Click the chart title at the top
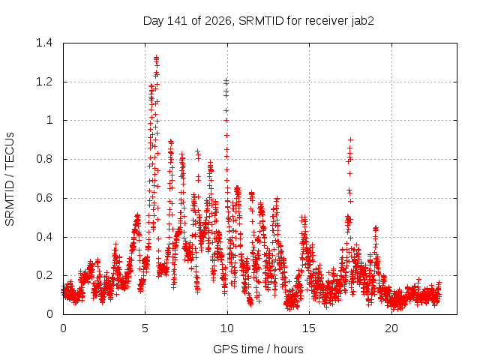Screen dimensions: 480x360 [259, 21]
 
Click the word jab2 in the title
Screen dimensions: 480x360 [363, 21]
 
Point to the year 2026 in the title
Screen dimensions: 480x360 [218, 21]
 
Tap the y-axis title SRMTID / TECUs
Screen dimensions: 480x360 [10, 179]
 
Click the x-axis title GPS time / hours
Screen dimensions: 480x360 [258, 349]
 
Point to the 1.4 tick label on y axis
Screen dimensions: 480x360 [44, 43]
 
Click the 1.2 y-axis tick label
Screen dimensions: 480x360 [44, 82]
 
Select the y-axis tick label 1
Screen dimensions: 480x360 [49, 120]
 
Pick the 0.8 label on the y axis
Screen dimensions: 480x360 [44, 159]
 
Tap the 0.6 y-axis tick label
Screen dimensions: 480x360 [44, 198]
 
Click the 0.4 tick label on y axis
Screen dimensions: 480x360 [44, 237]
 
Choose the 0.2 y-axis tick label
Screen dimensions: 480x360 [44, 275]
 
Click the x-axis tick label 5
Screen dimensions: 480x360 [145, 328]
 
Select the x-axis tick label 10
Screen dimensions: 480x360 [227, 328]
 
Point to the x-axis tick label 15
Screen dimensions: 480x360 [309, 328]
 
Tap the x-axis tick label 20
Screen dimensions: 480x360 [391, 328]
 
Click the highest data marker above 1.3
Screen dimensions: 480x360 [157, 57]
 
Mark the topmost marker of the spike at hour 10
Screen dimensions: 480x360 [226, 81]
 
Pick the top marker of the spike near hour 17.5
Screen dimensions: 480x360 [350, 140]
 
